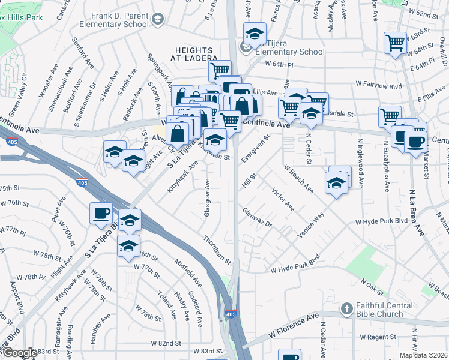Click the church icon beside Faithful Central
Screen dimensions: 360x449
point(346,309)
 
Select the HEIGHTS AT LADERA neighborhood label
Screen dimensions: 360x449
point(196,53)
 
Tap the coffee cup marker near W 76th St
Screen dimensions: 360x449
point(101,213)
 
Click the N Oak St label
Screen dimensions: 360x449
point(372,287)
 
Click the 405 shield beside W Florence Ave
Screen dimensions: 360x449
point(231,314)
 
